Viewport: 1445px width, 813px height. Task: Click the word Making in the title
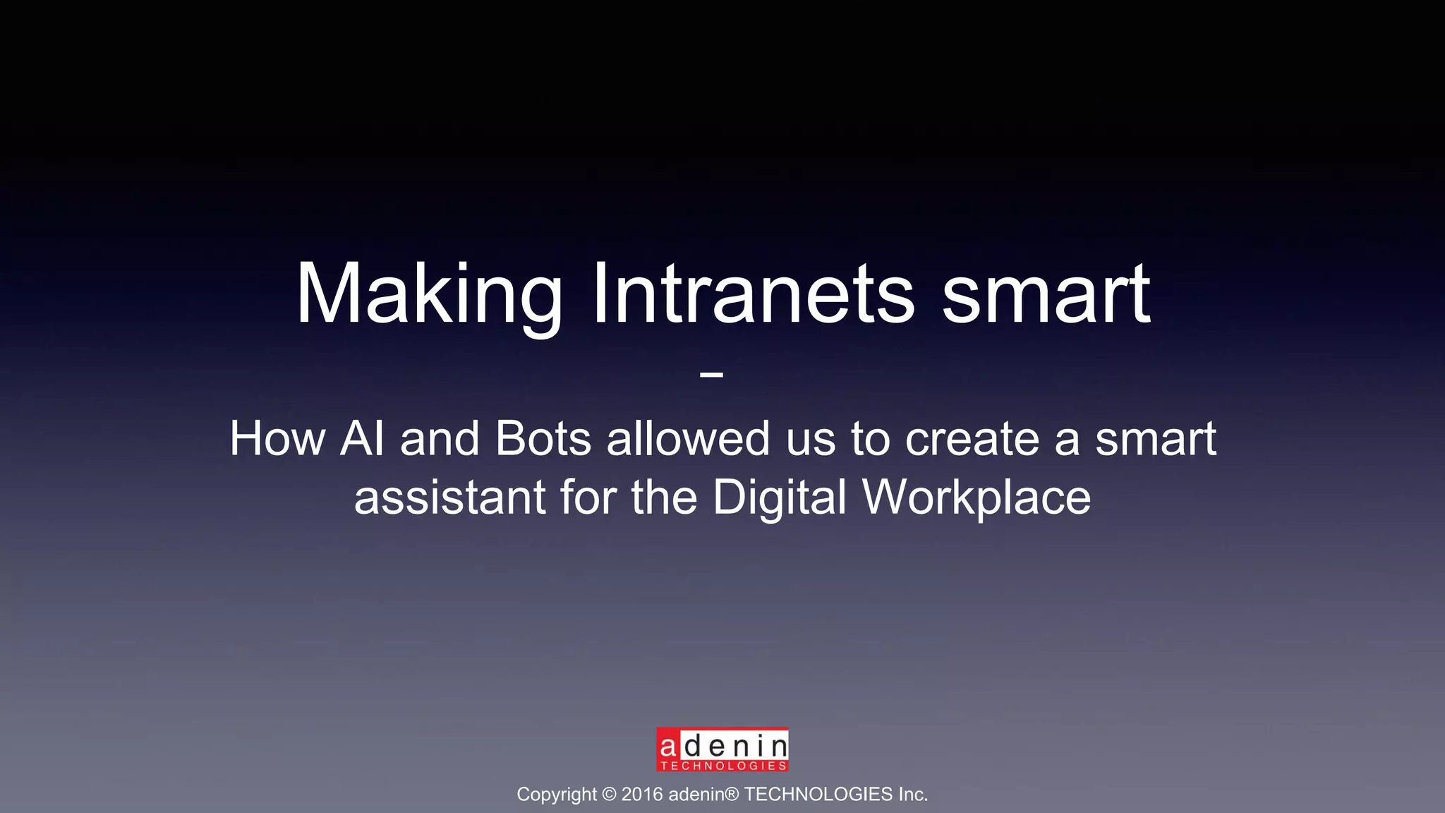tap(428, 294)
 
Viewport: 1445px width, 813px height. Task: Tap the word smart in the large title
tap(1046, 294)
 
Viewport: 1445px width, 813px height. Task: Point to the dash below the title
tap(711, 374)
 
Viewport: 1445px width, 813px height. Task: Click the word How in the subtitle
tap(277, 439)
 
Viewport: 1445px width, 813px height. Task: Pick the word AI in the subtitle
tap(363, 439)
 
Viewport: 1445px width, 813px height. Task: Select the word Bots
tap(543, 439)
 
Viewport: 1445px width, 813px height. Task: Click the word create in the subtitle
tap(972, 439)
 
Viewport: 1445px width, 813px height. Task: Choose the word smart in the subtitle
tap(1155, 439)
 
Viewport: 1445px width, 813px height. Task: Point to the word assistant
tap(449, 498)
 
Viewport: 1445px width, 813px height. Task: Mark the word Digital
tap(779, 498)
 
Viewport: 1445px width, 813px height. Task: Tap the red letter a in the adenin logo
tap(667, 745)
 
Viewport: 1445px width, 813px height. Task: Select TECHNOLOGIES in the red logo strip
tap(723, 766)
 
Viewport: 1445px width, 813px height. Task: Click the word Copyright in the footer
tap(557, 795)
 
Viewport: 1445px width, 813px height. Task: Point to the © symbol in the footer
tap(610, 795)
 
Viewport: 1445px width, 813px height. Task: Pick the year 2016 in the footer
tap(642, 795)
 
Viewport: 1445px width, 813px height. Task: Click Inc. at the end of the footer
tap(913, 795)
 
